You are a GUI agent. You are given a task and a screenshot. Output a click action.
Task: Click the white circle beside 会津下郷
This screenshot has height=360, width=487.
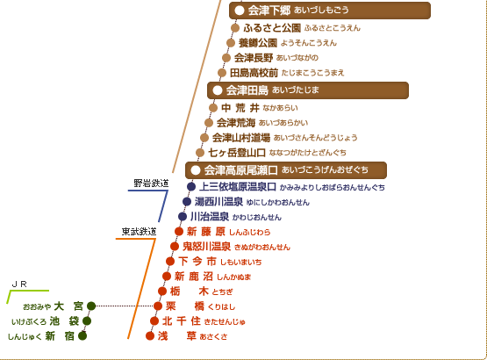[x=240, y=11]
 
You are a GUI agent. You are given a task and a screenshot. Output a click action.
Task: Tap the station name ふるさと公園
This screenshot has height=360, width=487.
[x=272, y=28]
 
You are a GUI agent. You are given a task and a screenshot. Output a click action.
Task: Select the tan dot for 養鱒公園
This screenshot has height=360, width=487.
[x=231, y=43]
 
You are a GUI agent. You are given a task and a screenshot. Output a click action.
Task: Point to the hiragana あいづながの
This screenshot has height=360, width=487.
[x=297, y=58]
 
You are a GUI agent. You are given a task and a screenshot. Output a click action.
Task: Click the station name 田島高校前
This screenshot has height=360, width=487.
[x=254, y=73]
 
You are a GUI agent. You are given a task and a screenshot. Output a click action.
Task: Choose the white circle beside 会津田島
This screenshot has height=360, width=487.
[x=218, y=90]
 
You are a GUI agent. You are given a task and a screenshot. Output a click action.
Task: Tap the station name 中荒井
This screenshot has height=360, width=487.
[x=240, y=108]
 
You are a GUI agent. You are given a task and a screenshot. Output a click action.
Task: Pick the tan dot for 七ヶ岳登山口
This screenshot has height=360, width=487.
[x=200, y=153]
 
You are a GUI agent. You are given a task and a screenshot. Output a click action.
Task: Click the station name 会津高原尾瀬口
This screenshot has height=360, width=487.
[x=241, y=170]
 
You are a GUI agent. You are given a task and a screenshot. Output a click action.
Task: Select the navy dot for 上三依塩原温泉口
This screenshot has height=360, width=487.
[x=191, y=186]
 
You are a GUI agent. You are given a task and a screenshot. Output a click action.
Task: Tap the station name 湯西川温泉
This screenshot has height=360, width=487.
[x=218, y=202]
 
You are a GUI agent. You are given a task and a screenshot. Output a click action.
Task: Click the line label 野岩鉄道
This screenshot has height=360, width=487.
[x=151, y=184]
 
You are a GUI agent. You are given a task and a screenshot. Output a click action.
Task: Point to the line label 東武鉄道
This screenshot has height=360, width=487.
[x=139, y=232]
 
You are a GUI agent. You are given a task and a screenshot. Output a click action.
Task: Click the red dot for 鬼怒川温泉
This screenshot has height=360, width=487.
[x=175, y=247]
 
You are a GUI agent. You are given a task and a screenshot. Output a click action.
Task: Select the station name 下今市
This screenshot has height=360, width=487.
[x=197, y=262]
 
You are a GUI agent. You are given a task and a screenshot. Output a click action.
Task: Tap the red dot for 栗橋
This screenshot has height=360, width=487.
[x=158, y=306]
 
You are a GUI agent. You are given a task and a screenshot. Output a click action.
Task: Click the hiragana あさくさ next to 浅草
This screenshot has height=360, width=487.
[x=214, y=336]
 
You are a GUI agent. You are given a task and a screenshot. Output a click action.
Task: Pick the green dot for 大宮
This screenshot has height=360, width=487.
[x=91, y=306]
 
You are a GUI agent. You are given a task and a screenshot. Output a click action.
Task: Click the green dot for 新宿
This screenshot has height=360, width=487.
[x=82, y=336]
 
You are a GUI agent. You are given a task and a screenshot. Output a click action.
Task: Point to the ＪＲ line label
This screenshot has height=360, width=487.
[x=19, y=284]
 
